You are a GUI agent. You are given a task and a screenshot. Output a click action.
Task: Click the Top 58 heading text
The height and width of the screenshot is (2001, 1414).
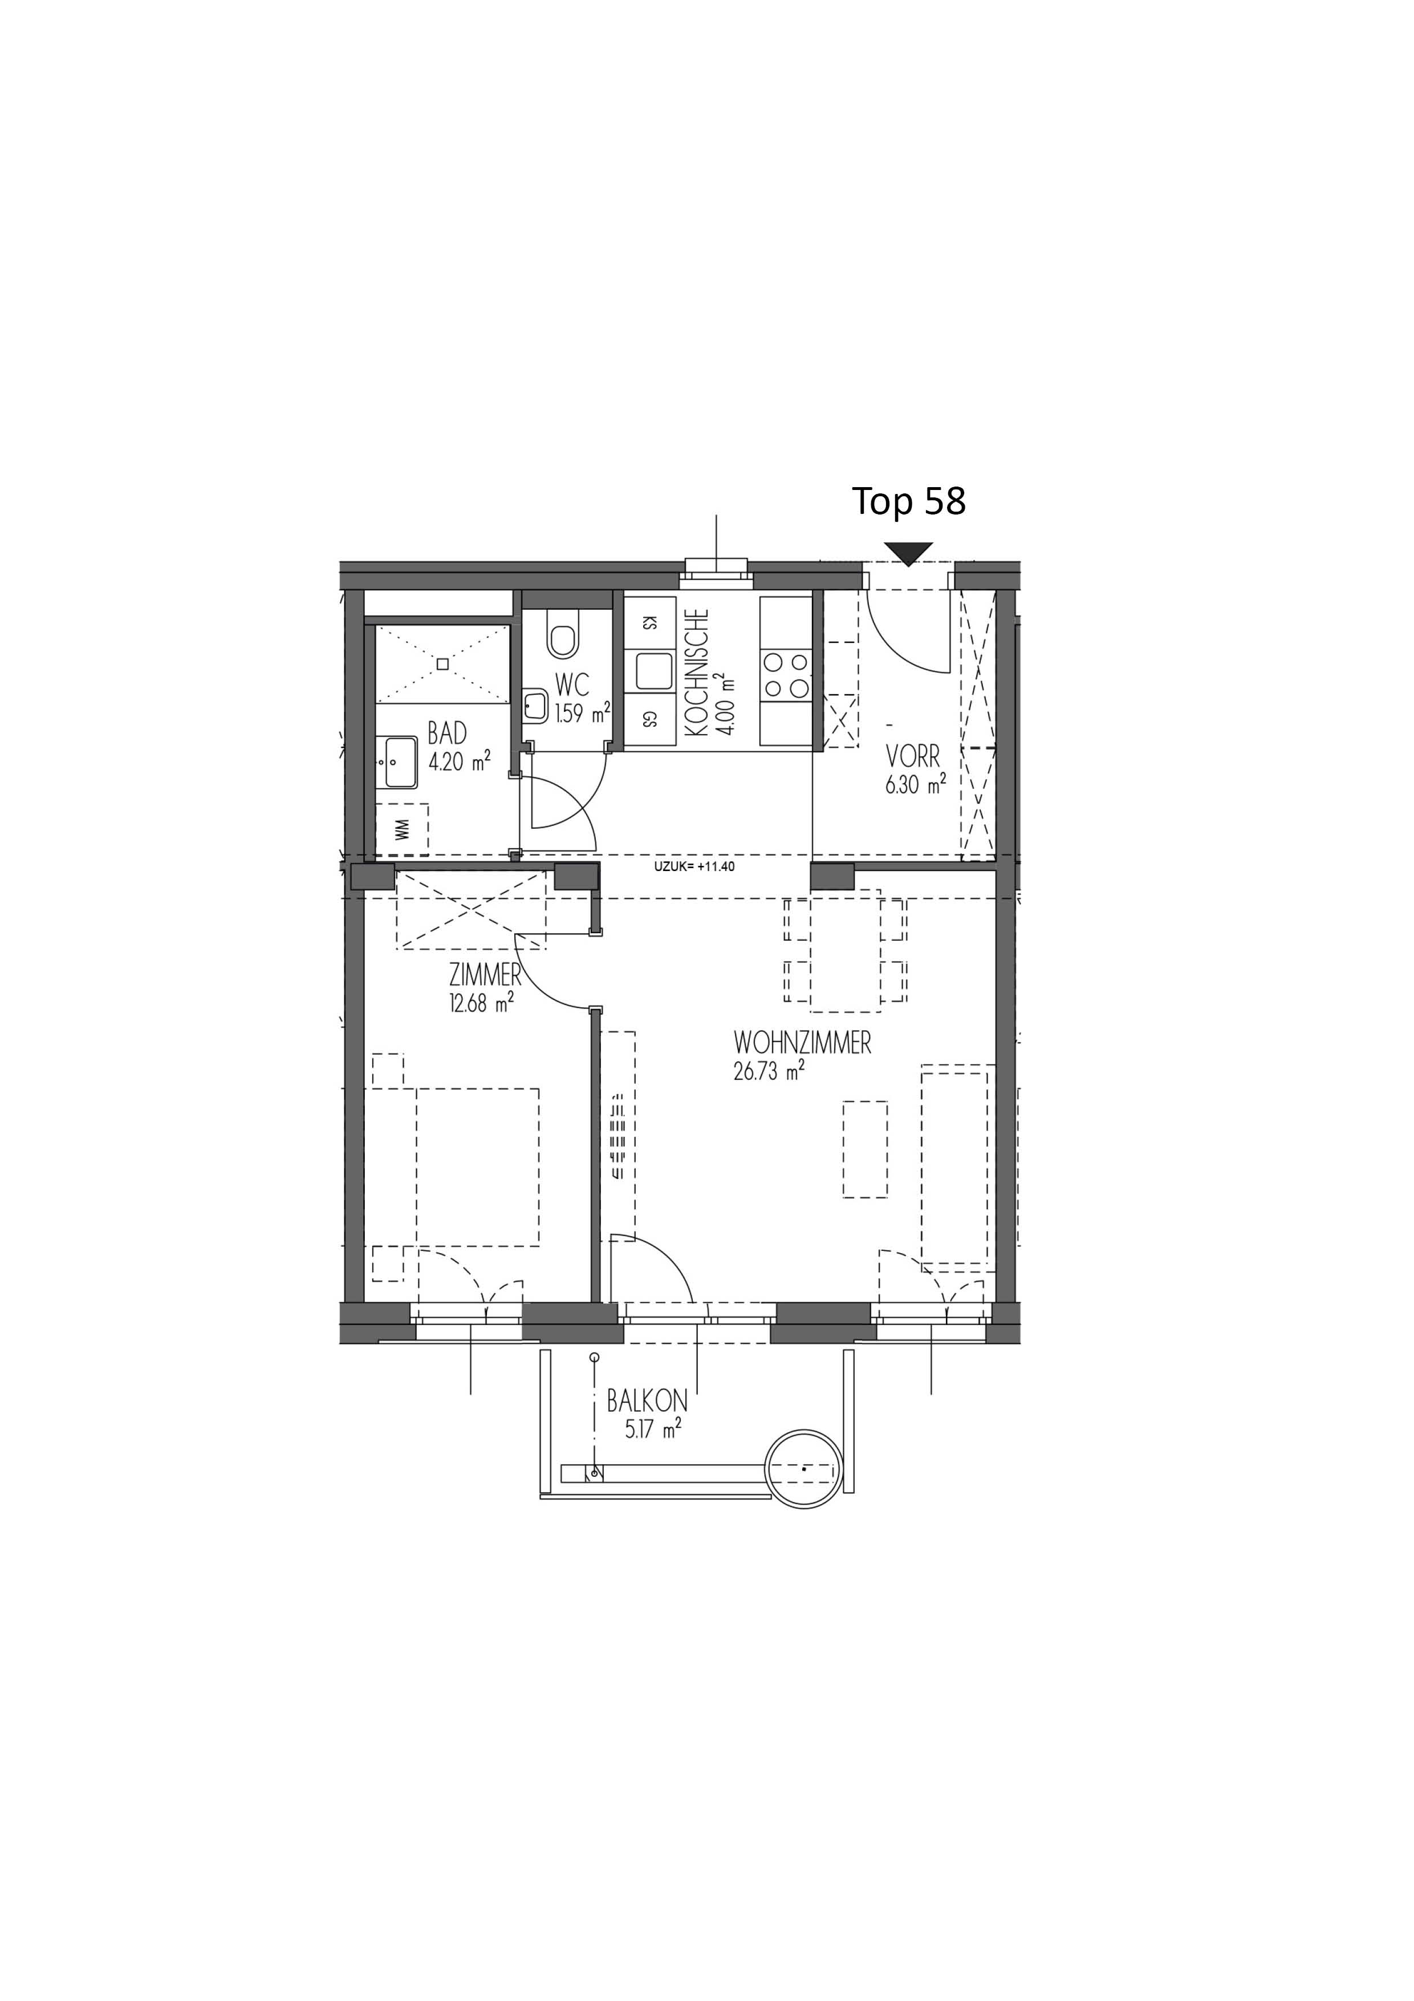(909, 501)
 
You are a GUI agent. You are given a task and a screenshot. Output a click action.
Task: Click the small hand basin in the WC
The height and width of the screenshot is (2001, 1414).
(535, 704)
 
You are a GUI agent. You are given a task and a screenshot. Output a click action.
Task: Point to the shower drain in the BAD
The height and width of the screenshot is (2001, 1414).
(442, 663)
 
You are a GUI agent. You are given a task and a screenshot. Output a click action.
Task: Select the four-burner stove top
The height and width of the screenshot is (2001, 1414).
(786, 675)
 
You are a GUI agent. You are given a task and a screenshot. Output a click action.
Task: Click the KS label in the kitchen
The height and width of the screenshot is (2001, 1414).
(648, 622)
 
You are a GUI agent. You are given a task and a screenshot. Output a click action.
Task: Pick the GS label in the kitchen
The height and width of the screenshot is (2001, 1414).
(648, 719)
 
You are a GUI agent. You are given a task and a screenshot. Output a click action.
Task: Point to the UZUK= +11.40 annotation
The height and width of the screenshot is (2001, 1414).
(694, 866)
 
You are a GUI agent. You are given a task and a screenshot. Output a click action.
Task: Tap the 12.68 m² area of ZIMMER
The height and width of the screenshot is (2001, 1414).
(481, 1004)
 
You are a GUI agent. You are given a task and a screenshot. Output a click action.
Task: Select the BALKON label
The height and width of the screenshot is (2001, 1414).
(647, 1401)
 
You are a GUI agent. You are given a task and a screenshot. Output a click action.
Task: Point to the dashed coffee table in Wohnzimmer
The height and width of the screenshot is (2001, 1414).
(865, 1149)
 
